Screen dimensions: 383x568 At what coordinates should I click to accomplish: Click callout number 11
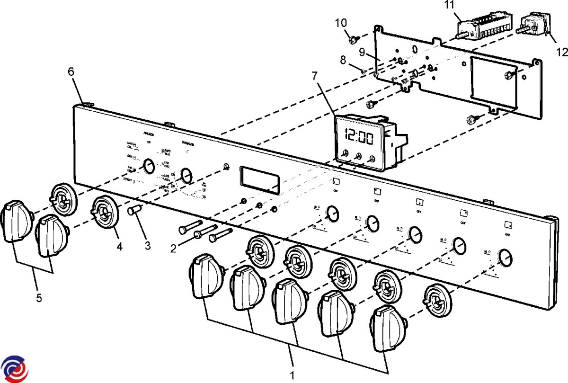449,5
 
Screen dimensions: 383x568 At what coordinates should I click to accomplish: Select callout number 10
341,23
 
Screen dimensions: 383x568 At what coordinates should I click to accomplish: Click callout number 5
39,298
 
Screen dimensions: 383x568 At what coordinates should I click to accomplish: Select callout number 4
120,247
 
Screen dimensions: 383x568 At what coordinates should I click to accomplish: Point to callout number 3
148,246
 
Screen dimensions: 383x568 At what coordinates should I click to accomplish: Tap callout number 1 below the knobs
293,375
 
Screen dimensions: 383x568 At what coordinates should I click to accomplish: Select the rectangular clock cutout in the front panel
258,178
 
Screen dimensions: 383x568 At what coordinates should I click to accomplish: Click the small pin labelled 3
134,209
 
